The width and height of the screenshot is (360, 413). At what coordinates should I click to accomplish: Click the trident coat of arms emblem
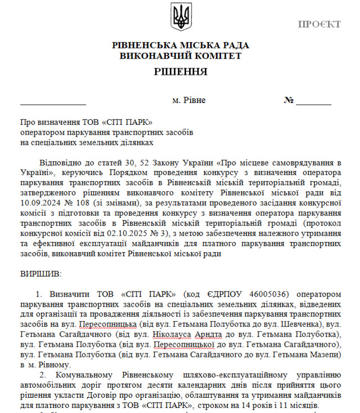pos(181,17)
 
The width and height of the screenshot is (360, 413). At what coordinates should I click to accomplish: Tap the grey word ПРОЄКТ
pos(319,24)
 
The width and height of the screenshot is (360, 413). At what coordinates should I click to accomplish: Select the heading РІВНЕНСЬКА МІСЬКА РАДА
pos(180,46)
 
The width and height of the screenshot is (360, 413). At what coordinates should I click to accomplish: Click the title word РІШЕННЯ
pos(180,72)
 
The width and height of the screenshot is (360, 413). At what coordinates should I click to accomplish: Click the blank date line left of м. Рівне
pos(53,103)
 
